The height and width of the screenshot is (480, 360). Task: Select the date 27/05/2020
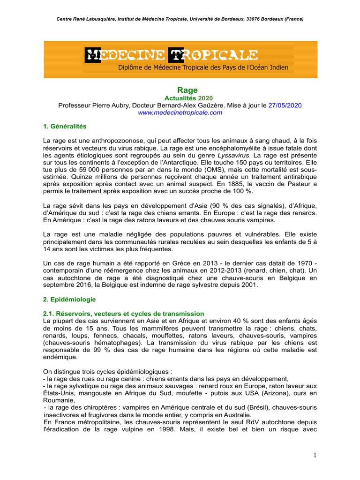coord(285,105)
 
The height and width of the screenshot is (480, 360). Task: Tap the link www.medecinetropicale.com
coord(180,112)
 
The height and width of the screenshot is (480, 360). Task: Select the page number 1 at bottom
coord(315,455)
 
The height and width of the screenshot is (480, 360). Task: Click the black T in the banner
coord(175,55)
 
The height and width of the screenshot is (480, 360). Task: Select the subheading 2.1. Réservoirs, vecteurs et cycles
coord(123,313)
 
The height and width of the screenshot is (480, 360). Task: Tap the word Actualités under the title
coord(180,98)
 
